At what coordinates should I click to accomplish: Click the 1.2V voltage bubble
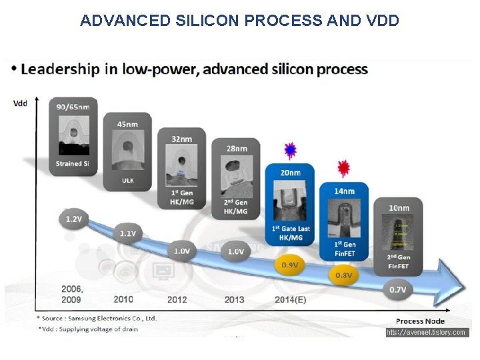click(73, 218)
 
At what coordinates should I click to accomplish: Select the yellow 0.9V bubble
click(289, 265)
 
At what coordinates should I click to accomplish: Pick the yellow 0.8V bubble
click(343, 275)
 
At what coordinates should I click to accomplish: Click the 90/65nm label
click(74, 107)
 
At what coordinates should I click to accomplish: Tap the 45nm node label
click(127, 123)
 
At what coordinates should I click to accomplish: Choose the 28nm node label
click(236, 148)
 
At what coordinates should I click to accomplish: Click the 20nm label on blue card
click(290, 172)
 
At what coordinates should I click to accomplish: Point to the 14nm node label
click(345, 191)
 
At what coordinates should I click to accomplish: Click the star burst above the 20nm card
click(290, 151)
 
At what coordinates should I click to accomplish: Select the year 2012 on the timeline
click(177, 299)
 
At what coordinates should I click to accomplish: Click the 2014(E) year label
click(290, 299)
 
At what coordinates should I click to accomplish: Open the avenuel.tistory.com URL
click(427, 332)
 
